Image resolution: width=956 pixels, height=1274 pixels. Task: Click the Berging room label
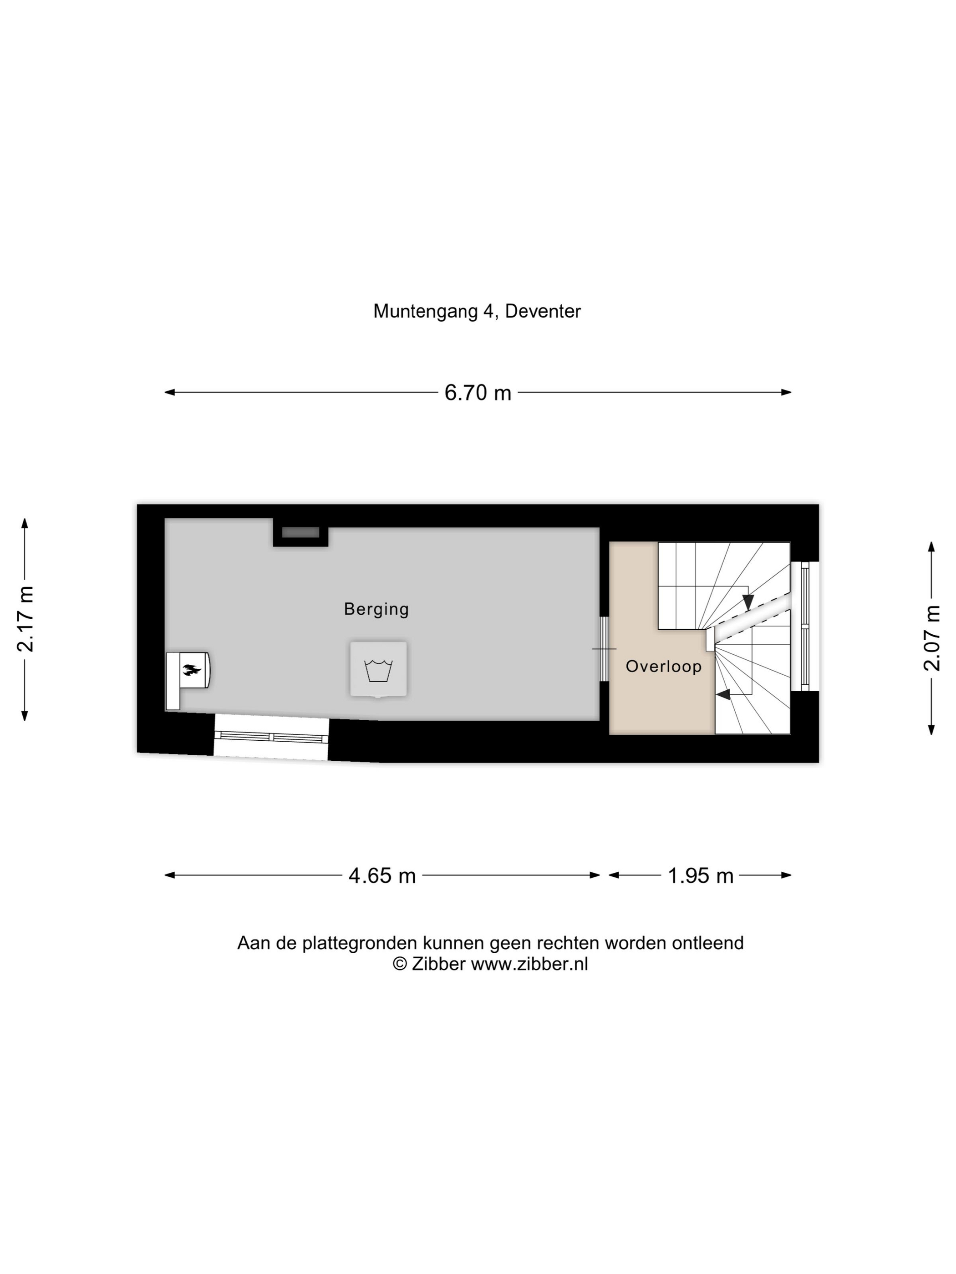click(x=376, y=609)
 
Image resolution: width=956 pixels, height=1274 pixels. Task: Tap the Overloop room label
click(x=664, y=667)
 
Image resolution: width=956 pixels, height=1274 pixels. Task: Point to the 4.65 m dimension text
click(x=382, y=875)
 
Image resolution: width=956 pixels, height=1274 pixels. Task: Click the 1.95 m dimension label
click(x=700, y=875)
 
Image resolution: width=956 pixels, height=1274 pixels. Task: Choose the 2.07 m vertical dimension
click(x=932, y=639)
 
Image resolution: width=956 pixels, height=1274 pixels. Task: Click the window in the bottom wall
click(x=271, y=738)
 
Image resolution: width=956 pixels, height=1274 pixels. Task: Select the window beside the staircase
click(x=805, y=626)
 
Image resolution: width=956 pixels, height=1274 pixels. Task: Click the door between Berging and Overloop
click(x=605, y=649)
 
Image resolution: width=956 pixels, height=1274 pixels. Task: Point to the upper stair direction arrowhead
click(x=748, y=603)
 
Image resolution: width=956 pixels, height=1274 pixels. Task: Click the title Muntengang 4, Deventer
click(x=477, y=312)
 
